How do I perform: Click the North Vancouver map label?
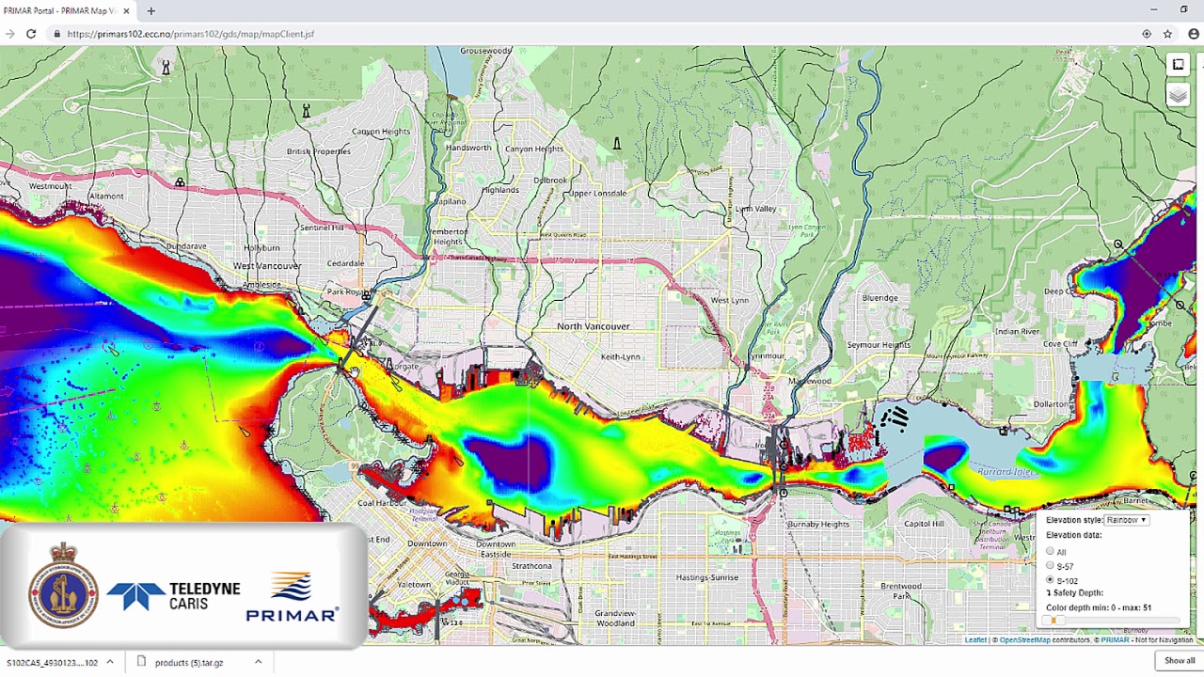[x=593, y=326]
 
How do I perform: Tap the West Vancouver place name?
[x=266, y=266]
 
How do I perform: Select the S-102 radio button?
[x=1050, y=580]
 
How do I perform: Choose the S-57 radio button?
[x=1050, y=565]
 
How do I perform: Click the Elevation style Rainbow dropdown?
[x=1126, y=520]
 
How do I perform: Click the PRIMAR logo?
[x=292, y=599]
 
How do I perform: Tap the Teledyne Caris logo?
[x=174, y=595]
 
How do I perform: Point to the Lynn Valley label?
[x=755, y=209]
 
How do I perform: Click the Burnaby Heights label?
[x=817, y=524]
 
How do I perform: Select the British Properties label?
[x=318, y=151]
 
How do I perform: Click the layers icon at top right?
[x=1178, y=96]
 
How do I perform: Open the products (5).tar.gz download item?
[x=189, y=662]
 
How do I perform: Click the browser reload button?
[x=31, y=34]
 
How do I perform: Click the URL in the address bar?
[x=191, y=34]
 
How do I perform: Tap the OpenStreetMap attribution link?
[x=1024, y=640]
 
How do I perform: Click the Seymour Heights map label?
[x=878, y=345]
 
